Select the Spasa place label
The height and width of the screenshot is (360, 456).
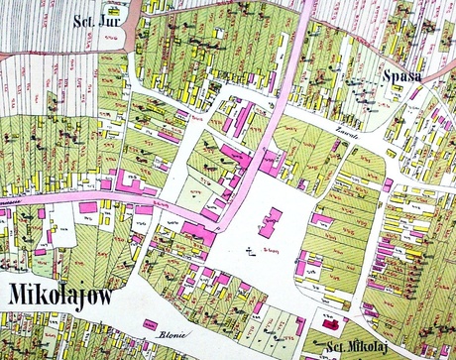click(x=403, y=76)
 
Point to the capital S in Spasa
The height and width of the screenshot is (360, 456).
click(x=389, y=76)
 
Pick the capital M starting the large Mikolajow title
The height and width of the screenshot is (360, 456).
click(x=18, y=296)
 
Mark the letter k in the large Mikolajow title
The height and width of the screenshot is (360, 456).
click(x=45, y=296)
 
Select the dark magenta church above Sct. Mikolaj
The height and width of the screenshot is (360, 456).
click(x=330, y=324)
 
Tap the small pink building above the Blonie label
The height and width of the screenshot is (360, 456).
click(x=153, y=323)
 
